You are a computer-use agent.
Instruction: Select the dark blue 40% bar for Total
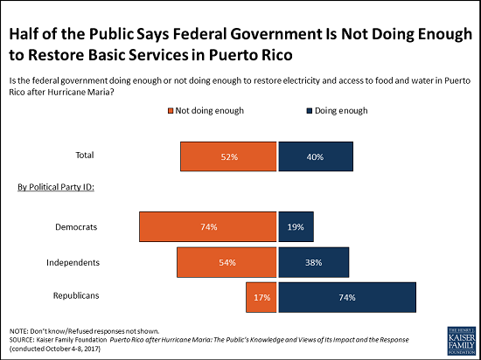[x=316, y=157]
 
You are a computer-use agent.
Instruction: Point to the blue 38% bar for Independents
[x=313, y=261]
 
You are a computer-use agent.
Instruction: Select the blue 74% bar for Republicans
[x=346, y=297]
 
